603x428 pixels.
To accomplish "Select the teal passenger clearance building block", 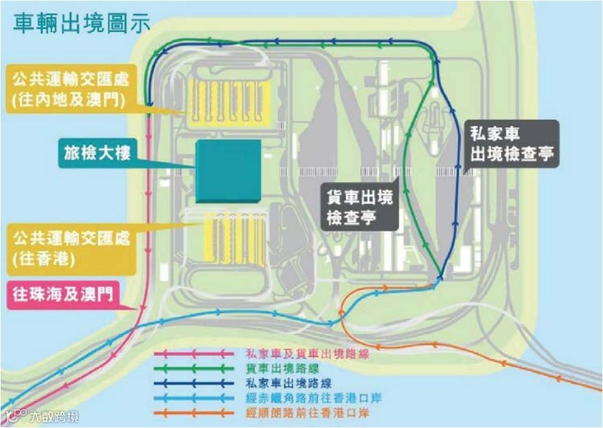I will tap(227, 171).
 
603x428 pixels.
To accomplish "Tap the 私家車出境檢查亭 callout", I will tap(512, 145).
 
